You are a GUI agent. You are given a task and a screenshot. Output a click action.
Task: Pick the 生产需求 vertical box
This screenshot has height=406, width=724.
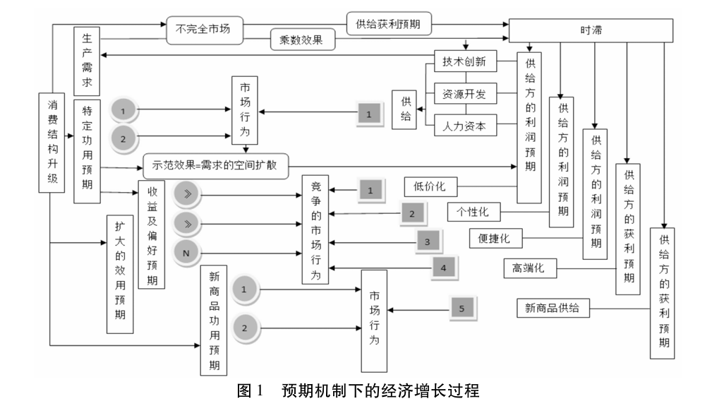pyautogui.click(x=87, y=61)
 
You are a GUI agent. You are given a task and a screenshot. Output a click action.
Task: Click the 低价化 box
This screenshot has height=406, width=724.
pyautogui.click(x=430, y=186)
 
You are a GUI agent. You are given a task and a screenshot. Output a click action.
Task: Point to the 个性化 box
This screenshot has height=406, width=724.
pyautogui.click(x=473, y=211)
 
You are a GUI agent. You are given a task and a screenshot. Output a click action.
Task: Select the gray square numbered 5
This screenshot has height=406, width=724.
pyautogui.click(x=461, y=309)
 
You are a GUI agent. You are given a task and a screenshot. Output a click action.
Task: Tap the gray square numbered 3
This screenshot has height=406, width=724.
pyautogui.click(x=427, y=241)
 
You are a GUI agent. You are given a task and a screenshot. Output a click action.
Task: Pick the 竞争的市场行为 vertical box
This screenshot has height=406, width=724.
pyautogui.click(x=315, y=229)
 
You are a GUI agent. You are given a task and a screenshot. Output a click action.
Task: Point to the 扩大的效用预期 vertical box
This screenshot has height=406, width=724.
pyautogui.click(x=120, y=274)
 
